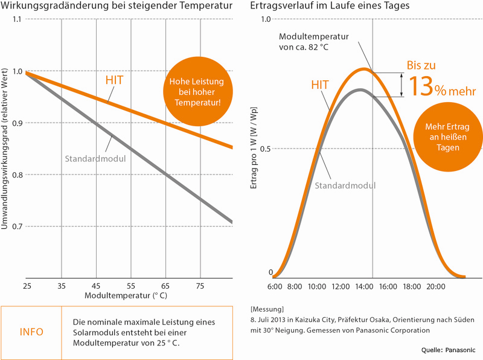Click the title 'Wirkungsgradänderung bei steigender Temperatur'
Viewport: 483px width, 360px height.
[116, 7]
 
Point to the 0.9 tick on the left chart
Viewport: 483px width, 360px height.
[16, 123]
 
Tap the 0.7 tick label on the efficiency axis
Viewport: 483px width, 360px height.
[16, 227]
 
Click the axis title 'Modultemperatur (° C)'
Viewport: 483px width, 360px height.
[120, 297]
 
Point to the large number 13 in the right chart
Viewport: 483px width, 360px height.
[420, 86]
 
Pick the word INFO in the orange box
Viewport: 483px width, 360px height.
[31, 332]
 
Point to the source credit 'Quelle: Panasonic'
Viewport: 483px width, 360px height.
[448, 350]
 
